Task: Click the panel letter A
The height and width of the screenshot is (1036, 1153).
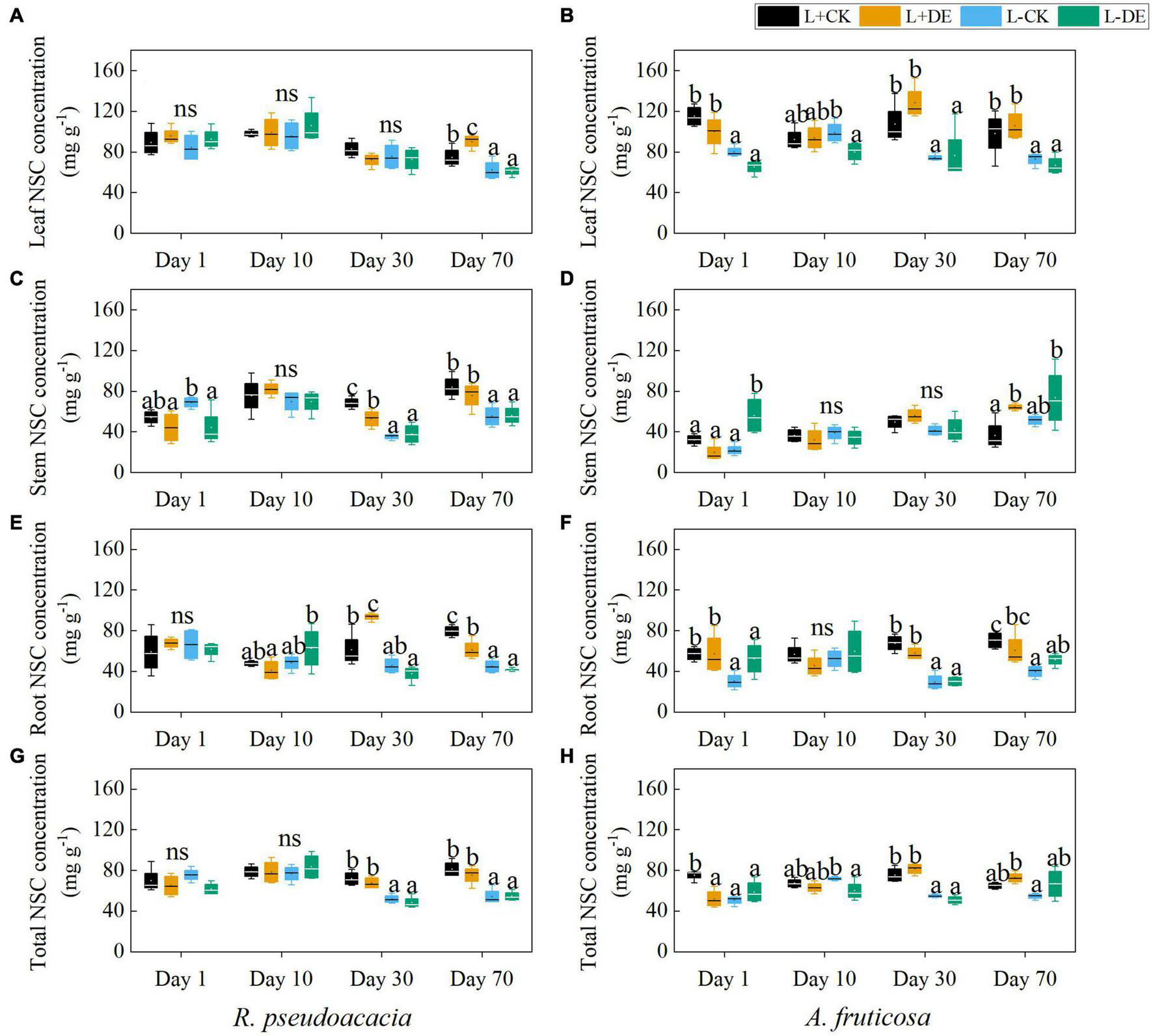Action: (16, 16)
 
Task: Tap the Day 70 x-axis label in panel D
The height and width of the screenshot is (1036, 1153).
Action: (1024, 499)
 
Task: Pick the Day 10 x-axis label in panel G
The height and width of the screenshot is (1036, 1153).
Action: (281, 979)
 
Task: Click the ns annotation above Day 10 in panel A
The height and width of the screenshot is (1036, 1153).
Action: (286, 94)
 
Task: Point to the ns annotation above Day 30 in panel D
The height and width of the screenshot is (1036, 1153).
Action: (931, 390)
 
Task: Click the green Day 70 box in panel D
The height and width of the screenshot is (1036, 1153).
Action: (1055, 397)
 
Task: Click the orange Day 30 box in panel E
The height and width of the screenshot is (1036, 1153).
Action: (372, 615)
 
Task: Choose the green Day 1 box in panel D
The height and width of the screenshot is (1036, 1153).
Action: (754, 415)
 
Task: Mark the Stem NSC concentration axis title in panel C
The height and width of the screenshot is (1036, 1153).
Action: (39, 387)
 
